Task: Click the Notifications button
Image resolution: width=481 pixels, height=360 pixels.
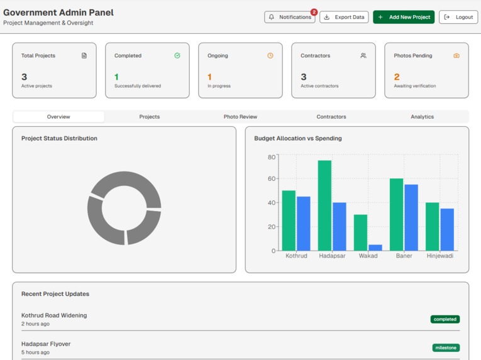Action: pyautogui.click(x=289, y=17)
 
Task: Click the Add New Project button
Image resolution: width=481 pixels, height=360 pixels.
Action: pyautogui.click(x=404, y=17)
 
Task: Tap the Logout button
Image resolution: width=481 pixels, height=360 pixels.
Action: pyautogui.click(x=458, y=17)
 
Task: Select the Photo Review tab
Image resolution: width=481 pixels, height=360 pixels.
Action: pyautogui.click(x=240, y=117)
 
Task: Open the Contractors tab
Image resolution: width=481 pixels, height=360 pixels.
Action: pyautogui.click(x=331, y=117)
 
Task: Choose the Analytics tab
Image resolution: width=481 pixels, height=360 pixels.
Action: pyautogui.click(x=422, y=117)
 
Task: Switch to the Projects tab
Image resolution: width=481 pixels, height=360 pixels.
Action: pyautogui.click(x=150, y=117)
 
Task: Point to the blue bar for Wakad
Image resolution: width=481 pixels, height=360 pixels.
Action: pyautogui.click(x=375, y=248)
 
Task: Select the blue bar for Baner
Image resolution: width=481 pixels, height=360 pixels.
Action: pyautogui.click(x=411, y=217)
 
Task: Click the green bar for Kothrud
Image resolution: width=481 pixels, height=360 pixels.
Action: pyautogui.click(x=289, y=221)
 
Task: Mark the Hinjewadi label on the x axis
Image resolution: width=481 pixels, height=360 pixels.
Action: pyautogui.click(x=440, y=256)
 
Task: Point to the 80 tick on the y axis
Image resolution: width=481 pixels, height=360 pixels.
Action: pyautogui.click(x=271, y=157)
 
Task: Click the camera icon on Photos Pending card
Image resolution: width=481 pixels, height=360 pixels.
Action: pyautogui.click(x=456, y=56)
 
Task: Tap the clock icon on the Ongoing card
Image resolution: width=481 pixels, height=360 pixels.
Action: pyautogui.click(x=270, y=56)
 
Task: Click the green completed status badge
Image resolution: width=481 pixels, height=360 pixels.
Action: pyautogui.click(x=445, y=319)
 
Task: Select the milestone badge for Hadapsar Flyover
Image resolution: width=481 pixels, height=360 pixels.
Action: pyautogui.click(x=446, y=347)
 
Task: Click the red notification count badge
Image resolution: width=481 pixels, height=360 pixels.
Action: pyautogui.click(x=314, y=12)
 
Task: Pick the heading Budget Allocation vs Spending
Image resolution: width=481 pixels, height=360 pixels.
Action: pyautogui.click(x=298, y=138)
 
